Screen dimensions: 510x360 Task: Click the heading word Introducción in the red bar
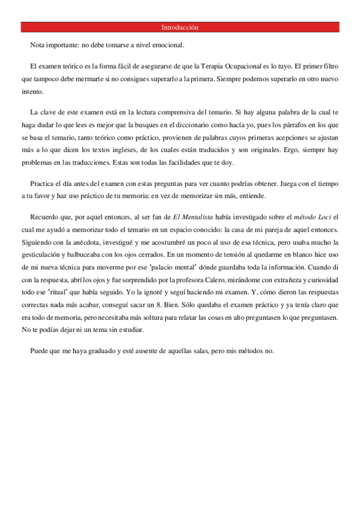coord(180,28)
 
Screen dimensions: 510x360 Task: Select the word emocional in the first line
coord(169,45)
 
